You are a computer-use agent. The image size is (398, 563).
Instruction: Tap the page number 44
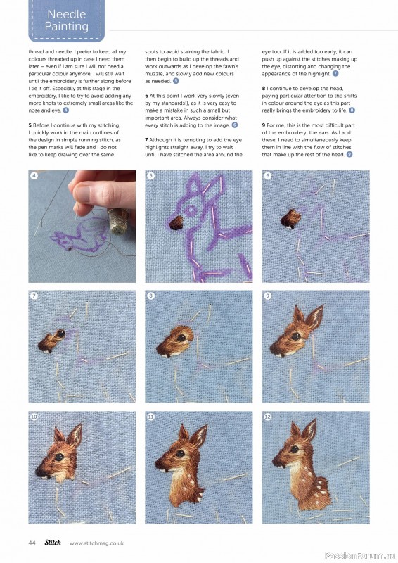[32, 543]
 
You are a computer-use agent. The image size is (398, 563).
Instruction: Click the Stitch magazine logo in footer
[53, 543]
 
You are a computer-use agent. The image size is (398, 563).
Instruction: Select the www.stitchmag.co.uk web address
[96, 543]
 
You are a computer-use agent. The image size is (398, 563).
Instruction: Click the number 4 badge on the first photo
[34, 177]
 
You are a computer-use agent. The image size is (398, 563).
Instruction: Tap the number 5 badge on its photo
[151, 177]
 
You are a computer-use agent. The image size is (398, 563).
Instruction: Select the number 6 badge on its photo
[268, 177]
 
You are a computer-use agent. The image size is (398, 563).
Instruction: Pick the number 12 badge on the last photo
[268, 417]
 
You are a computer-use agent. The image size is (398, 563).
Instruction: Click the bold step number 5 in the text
[30, 125]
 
